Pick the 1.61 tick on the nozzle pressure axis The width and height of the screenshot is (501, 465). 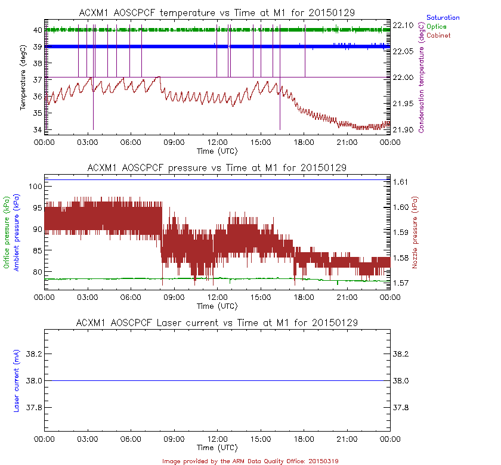[x=401, y=182]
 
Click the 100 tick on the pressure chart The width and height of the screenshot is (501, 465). [x=35, y=187]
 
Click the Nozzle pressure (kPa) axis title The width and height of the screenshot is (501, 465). [x=423, y=236]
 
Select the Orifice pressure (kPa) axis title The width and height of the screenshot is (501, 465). [x=7, y=232]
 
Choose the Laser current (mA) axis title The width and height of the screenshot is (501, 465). [x=17, y=381]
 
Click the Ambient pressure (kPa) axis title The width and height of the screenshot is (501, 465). [x=17, y=232]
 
